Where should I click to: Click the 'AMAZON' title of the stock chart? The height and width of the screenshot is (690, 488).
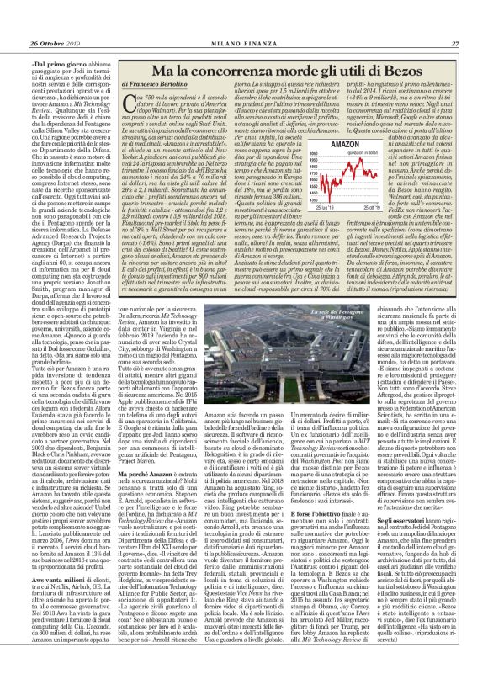pyautogui.click(x=365, y=146)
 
